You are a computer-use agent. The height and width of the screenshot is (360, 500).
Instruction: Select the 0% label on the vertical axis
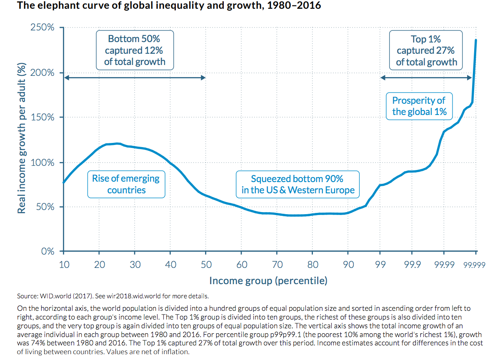[x=48, y=251]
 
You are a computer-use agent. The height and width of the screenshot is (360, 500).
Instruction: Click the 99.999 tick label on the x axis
[x=475, y=265]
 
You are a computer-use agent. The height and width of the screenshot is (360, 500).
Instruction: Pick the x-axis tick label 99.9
[x=412, y=265]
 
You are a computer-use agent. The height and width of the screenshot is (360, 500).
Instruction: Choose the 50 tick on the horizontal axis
[x=206, y=265]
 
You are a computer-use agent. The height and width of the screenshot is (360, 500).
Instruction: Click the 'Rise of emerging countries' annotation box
[x=126, y=184]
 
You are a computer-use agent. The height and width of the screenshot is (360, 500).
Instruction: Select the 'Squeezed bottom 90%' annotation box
[x=297, y=184]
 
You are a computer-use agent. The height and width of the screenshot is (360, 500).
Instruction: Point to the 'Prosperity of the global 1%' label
[x=419, y=106]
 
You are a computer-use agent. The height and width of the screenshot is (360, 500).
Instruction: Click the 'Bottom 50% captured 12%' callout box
[x=134, y=50]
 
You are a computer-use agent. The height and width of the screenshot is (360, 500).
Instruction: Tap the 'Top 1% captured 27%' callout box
[x=426, y=50]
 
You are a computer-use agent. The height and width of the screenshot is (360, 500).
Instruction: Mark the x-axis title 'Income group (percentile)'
[x=268, y=280]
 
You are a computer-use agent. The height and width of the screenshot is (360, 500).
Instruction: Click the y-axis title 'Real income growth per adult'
[x=21, y=138]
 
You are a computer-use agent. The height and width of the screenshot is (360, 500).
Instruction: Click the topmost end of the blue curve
[x=476, y=40]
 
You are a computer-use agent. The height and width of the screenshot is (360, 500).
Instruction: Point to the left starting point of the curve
[x=63, y=182]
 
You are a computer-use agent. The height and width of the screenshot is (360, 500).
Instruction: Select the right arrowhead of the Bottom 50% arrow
[x=203, y=77]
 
